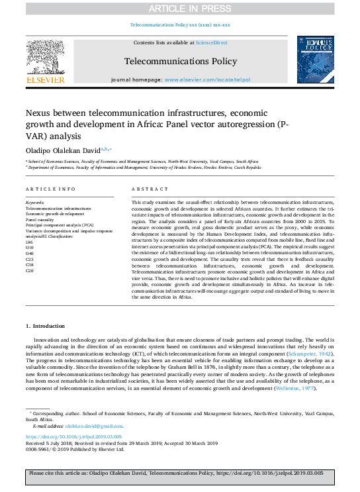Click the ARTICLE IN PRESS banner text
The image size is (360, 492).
(179, 9)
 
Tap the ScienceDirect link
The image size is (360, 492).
(211, 42)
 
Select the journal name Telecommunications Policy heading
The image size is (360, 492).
(180, 62)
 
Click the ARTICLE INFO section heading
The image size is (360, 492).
(46, 189)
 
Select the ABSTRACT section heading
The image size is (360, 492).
(146, 189)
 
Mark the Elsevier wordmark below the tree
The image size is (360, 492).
(45, 80)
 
